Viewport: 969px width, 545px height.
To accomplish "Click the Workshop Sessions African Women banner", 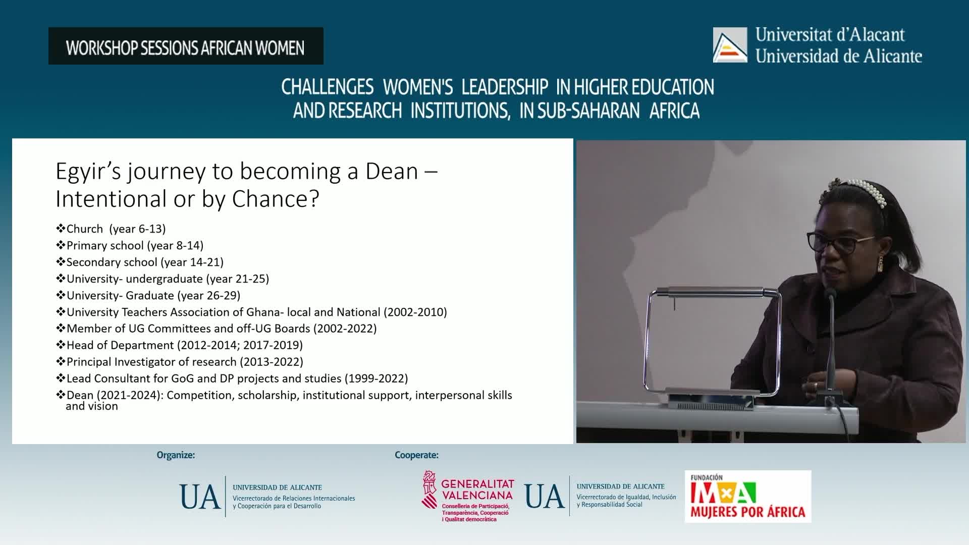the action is [186, 46].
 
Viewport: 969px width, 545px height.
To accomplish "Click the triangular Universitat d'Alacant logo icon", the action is [730, 45].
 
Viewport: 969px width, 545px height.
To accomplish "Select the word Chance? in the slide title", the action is [276, 199].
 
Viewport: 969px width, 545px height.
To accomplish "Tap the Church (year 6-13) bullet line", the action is [111, 229].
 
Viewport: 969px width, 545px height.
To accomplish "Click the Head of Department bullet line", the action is [179, 345].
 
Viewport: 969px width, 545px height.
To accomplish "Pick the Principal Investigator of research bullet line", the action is [179, 362].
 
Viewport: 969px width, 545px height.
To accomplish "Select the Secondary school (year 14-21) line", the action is [140, 262].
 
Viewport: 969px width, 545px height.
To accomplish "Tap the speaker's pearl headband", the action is [863, 192].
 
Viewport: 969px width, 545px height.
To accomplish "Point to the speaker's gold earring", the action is [881, 263].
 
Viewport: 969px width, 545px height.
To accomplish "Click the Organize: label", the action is [176, 455].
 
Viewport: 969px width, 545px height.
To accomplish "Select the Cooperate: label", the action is [416, 455].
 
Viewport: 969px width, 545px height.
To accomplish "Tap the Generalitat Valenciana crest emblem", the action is [429, 489].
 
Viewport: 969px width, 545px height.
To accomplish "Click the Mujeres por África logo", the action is [748, 497].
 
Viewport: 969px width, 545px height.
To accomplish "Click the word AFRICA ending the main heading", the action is [674, 111].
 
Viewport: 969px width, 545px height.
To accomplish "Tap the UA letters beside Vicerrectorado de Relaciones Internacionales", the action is [200, 497].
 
